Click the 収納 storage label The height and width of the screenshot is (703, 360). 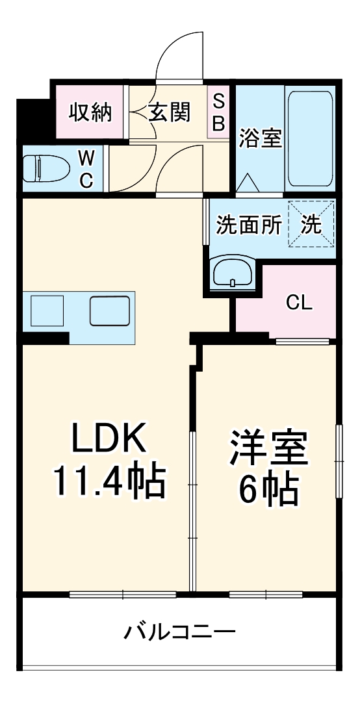[x=91, y=112]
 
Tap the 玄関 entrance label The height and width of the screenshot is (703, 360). [x=170, y=112]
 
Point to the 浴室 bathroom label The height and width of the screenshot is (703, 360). [x=260, y=138]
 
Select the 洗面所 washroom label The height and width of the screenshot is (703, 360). [x=249, y=225]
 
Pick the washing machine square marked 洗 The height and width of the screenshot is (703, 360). [x=311, y=225]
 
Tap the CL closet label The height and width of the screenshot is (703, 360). [x=300, y=302]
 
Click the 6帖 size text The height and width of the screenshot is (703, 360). [x=267, y=489]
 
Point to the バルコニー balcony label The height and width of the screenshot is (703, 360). [x=180, y=631]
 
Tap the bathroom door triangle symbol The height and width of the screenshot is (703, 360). [x=248, y=183]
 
